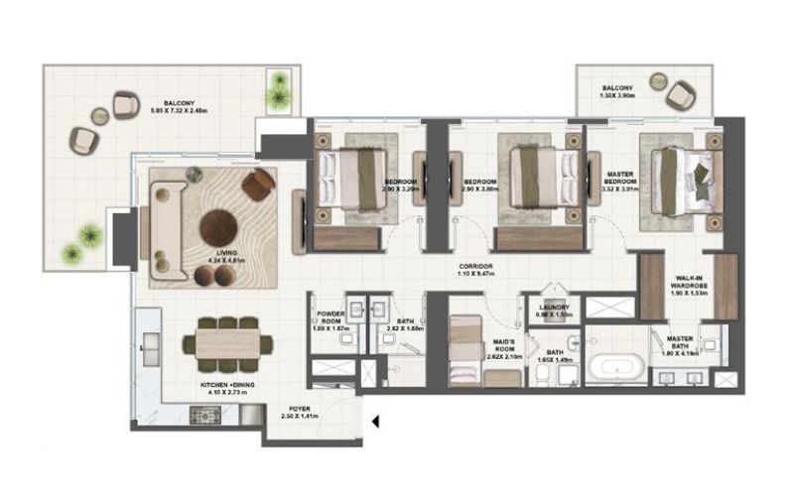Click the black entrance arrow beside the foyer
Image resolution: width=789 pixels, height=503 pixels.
point(376,423)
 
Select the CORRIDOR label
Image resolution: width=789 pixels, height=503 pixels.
point(477,269)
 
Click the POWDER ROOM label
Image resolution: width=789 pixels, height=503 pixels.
point(330,318)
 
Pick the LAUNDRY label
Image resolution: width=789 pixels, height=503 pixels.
point(555,309)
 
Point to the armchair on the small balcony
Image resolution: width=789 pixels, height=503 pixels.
point(681,95)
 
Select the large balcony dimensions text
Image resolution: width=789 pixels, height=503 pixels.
point(172,111)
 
